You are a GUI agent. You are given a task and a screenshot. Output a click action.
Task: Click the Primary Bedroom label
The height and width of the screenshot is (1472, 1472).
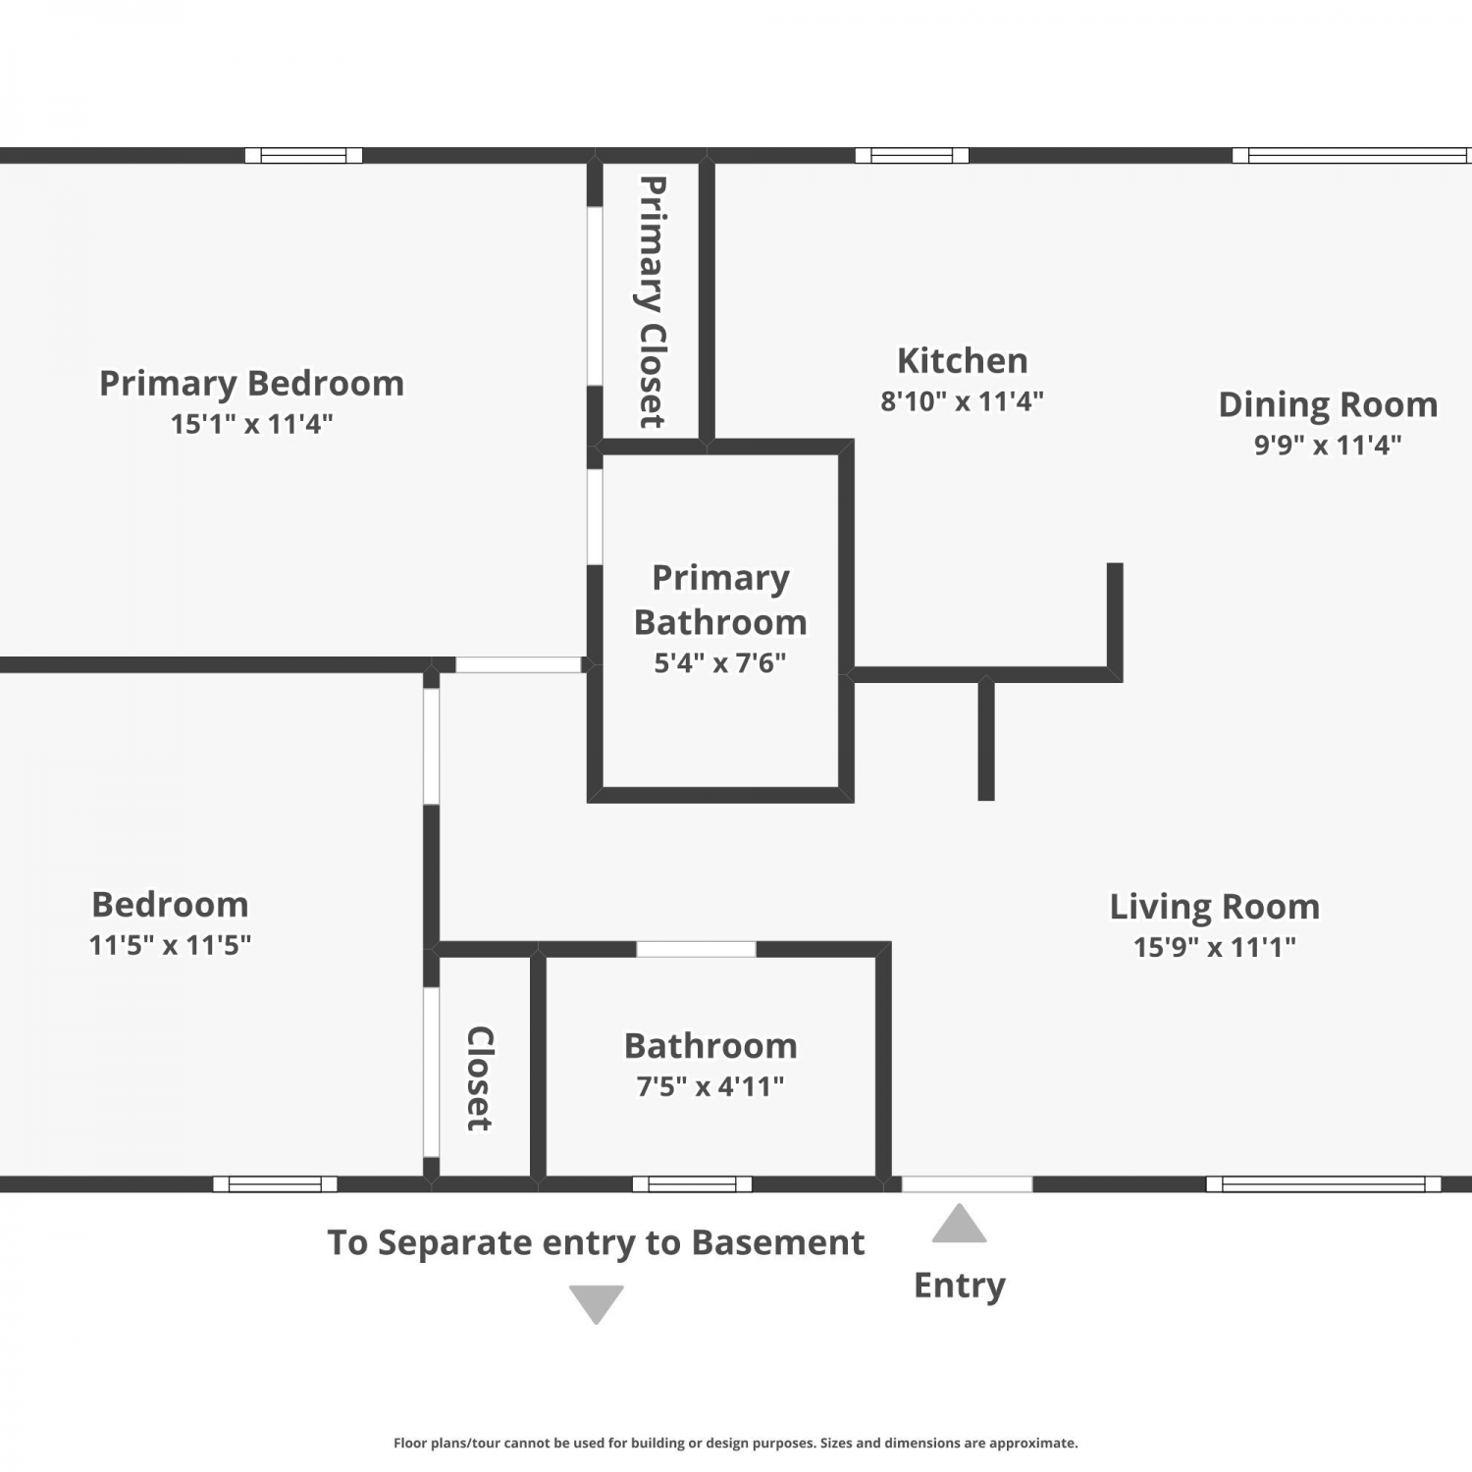252,384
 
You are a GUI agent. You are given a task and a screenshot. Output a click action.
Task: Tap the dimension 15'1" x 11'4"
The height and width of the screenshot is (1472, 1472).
252,424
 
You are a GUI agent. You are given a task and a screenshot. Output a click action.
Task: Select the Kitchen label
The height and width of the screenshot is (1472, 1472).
963,361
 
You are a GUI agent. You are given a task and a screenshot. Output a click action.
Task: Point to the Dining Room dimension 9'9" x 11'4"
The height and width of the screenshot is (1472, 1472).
1328,445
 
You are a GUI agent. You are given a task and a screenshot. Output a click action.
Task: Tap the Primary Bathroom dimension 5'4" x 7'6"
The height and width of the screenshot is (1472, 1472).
720,663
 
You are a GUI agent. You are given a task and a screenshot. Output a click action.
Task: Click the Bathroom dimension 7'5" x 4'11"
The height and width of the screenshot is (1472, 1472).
710,1086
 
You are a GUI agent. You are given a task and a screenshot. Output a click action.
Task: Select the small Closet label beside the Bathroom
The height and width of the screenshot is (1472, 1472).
479,1078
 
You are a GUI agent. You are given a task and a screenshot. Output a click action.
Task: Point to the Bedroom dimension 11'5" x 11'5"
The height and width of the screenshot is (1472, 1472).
170,945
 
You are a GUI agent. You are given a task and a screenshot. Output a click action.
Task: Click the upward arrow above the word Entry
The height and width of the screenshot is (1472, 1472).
959,1223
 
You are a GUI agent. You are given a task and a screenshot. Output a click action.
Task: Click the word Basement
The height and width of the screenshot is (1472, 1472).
778,1243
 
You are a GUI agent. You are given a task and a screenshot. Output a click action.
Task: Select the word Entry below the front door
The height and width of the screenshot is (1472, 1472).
960,1286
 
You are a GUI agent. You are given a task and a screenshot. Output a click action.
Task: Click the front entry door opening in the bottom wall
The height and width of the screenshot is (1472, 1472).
967,1184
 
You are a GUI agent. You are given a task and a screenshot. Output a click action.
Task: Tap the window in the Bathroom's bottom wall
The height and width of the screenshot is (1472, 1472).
692,1184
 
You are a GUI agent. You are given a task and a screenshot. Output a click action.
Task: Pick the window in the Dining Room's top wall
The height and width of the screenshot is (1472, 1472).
1351,155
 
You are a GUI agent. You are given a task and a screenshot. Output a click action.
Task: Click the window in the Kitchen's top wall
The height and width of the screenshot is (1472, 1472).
912,155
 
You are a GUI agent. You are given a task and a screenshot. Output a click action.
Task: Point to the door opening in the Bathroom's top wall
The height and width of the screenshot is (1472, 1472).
696,949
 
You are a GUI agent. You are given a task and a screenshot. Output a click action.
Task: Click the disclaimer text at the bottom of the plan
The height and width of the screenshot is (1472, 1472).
736,1443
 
